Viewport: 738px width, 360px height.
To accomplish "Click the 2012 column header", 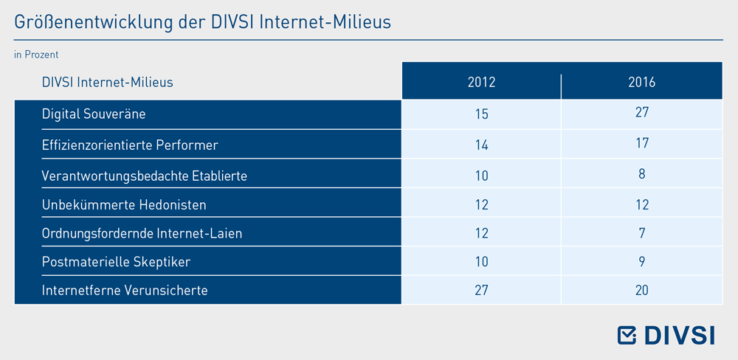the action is [481, 83].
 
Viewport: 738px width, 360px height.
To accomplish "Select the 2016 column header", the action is [642, 83].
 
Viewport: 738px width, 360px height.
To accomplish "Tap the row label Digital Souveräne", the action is [94, 114].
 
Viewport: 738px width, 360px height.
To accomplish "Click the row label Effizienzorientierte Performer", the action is [130, 145].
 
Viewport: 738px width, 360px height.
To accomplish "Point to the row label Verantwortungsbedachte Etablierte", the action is [145, 176].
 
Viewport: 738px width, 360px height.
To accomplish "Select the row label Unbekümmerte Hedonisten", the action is [124, 205].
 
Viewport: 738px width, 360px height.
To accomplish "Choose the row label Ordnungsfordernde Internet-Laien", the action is [142, 233].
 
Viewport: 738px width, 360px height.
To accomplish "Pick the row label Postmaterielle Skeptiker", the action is [117, 262].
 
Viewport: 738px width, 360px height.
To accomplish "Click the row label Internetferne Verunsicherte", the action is [125, 291].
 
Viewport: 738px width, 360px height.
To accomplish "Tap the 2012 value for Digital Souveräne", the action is [481, 114].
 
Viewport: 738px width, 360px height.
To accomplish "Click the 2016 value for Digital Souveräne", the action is [642, 112].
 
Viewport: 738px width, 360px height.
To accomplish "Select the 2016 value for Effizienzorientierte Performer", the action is [642, 142].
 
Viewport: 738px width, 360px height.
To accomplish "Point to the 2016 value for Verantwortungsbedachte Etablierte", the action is [642, 173].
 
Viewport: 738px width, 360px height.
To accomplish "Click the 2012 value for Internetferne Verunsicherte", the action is [481, 291].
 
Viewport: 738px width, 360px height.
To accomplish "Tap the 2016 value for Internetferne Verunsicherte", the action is [642, 291].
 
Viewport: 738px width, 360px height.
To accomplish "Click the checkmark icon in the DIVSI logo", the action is [627, 335].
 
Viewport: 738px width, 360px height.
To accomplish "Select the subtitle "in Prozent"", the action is [36, 55].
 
